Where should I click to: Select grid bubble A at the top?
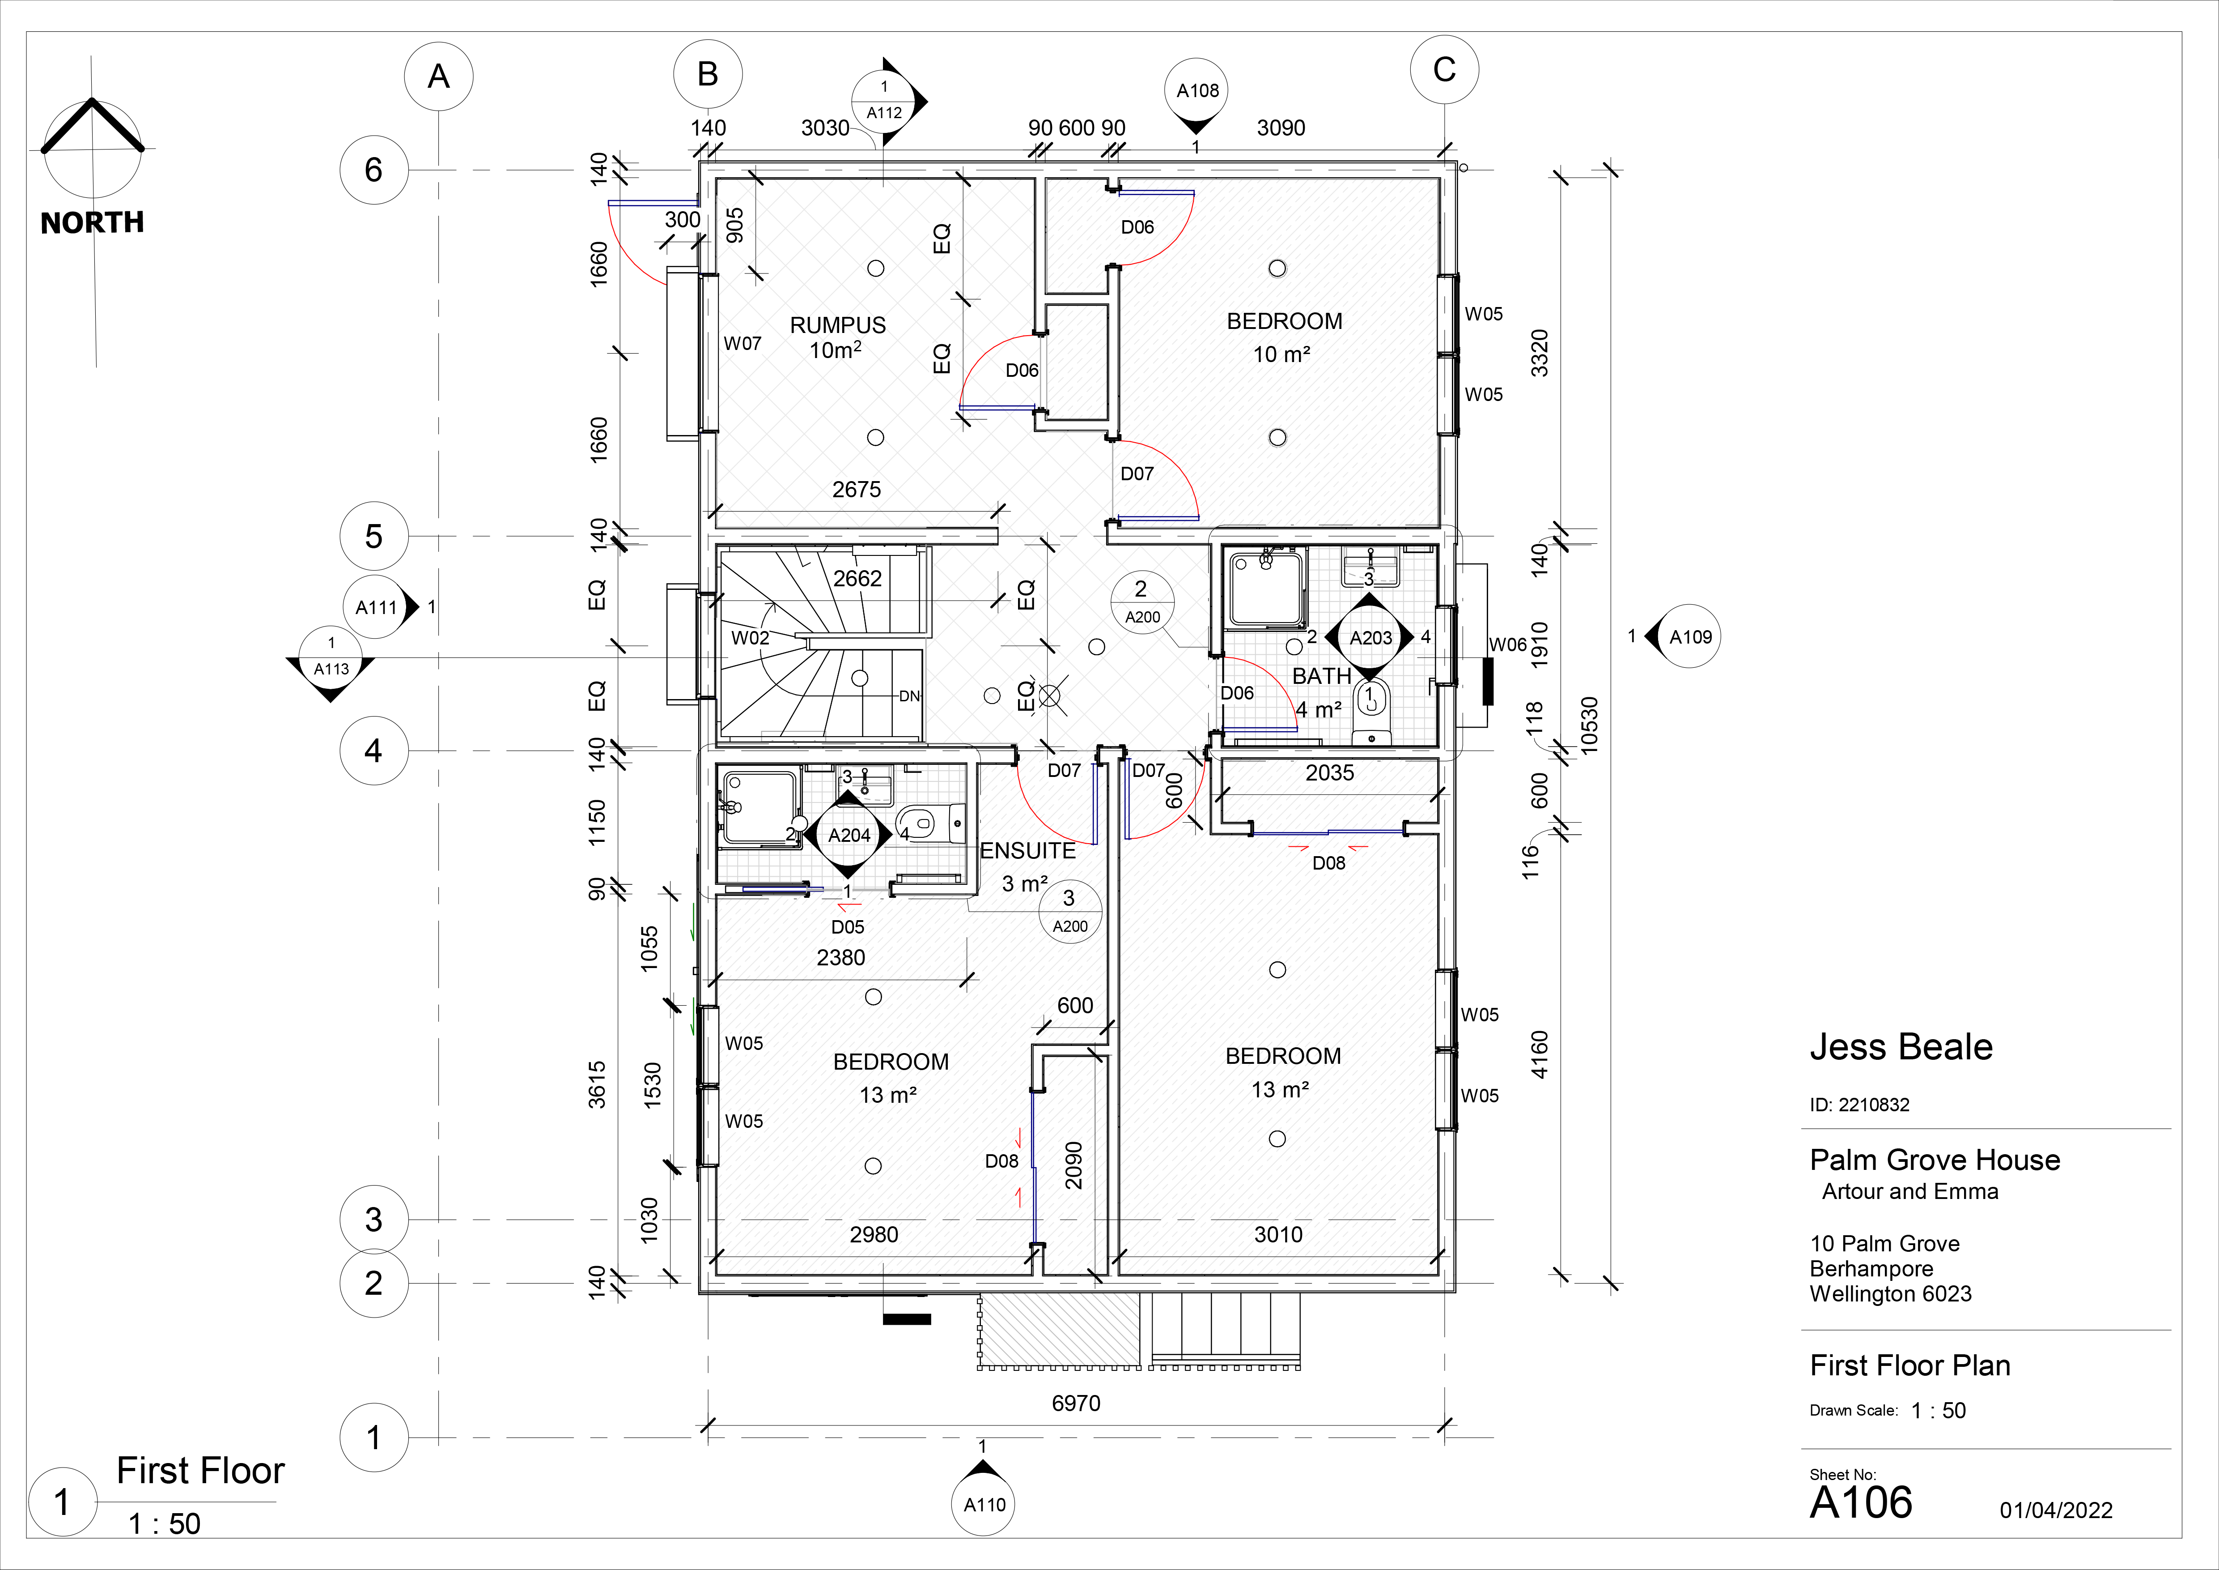click(x=439, y=77)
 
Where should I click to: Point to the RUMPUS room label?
click(x=838, y=325)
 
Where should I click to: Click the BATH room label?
click(x=1321, y=676)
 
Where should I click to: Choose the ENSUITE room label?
click(x=1027, y=851)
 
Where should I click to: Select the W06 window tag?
click(x=1508, y=645)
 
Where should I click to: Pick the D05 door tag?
click(x=848, y=926)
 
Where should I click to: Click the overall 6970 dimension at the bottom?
click(x=1076, y=1403)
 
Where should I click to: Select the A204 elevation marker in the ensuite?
click(x=849, y=834)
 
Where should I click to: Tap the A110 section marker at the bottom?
click(x=984, y=1500)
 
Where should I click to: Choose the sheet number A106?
click(x=1860, y=1502)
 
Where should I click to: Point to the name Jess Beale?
click(x=1901, y=1047)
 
